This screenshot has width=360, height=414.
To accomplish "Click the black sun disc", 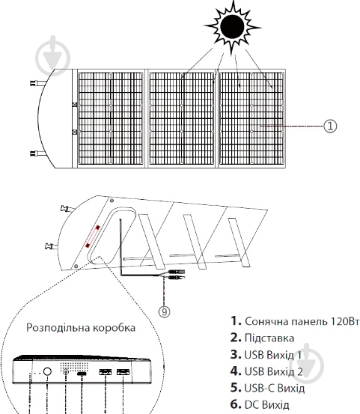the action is point(232,27).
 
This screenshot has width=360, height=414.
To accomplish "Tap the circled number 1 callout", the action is point(330,126).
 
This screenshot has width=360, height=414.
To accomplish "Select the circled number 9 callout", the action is point(164,311).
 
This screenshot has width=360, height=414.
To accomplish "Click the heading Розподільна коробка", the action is point(81,328).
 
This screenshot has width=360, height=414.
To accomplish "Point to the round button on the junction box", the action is point(47,371).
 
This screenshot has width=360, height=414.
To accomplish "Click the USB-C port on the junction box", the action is point(82,374).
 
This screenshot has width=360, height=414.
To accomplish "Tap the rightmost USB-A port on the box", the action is point(123,372).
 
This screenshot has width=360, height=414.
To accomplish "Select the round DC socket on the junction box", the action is point(65,372).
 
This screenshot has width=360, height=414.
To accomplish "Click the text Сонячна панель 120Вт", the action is point(302,321).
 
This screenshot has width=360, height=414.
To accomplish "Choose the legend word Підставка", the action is point(269,338).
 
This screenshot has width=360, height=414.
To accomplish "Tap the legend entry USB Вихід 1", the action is point(273,355).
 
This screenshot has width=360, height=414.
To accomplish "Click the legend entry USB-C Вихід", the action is point(275,388).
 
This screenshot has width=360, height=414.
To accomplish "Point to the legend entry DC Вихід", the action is point(267,404).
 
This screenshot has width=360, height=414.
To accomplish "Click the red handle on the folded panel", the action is point(92,237).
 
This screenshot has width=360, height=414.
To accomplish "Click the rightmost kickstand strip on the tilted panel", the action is point(239,242).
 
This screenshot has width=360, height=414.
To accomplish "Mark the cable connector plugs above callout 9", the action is point(177,274).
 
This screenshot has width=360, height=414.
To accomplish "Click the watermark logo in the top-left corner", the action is point(53,56).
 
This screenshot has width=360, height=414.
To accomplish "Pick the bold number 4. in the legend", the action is point(236,371).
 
